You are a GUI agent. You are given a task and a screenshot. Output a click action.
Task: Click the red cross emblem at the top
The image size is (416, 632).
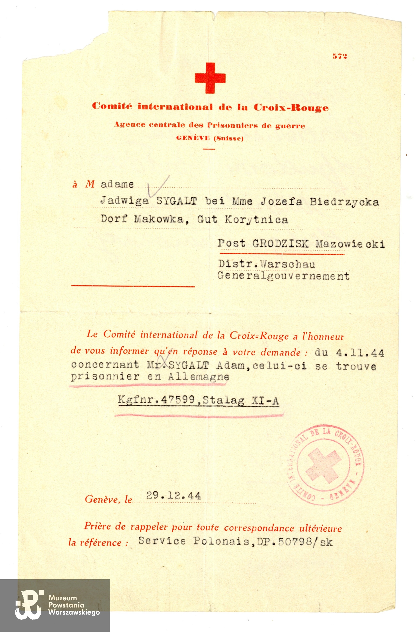coord(210,78)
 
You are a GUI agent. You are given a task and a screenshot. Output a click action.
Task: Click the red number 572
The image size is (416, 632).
coord(340,56)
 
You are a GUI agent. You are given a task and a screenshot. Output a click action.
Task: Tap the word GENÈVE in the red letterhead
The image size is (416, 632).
coord(193,138)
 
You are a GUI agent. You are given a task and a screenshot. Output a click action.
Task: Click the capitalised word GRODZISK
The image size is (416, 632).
coord(280,243)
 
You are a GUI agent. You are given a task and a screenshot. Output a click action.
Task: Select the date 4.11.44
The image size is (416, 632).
coord(360,353)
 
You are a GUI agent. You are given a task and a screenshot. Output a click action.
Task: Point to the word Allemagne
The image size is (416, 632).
coord(198,377)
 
